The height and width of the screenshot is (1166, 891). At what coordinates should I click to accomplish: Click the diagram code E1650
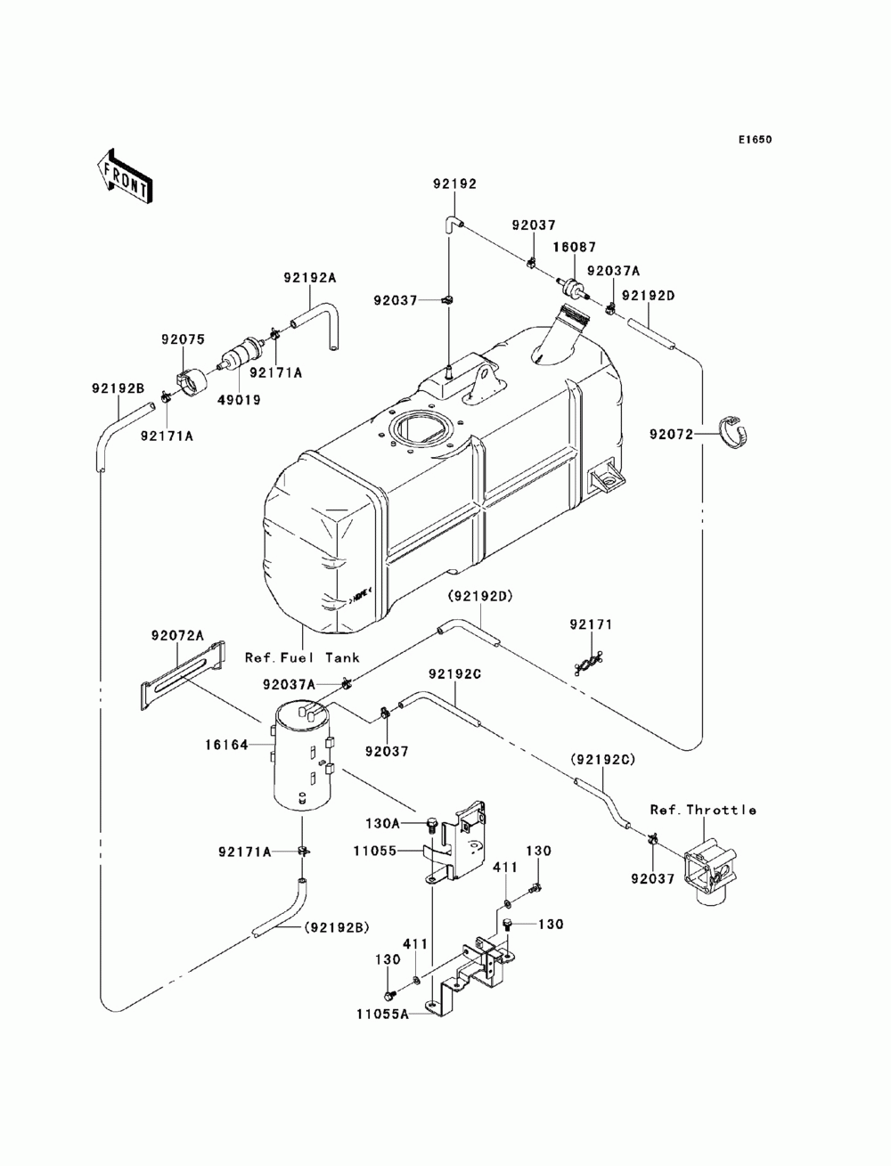755,140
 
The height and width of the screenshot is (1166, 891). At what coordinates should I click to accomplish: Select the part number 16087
575,247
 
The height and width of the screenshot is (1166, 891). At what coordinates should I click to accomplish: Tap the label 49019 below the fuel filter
239,400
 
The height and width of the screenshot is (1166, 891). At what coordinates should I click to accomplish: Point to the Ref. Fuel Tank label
302,657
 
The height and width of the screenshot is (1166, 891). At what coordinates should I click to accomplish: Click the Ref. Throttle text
704,810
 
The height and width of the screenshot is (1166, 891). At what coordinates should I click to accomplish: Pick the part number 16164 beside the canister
227,746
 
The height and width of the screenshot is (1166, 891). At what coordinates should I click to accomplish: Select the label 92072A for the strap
177,635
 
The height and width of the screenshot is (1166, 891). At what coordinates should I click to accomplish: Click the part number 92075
184,339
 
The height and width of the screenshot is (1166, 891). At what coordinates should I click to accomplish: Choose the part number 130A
382,824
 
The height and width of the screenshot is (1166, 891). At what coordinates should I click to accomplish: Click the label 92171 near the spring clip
591,624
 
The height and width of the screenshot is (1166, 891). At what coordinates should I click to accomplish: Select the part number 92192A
310,278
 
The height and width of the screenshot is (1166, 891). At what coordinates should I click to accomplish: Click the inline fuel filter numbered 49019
241,354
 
